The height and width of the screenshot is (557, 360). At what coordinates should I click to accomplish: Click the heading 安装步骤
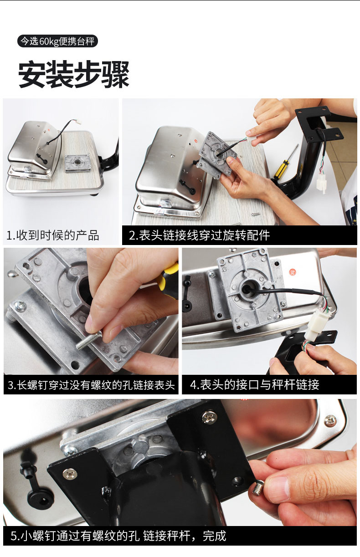pyautogui.click(x=74, y=74)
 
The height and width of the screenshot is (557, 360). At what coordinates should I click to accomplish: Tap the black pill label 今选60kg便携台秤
pyautogui.click(x=57, y=41)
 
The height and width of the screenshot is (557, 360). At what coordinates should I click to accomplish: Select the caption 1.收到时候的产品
pyautogui.click(x=53, y=235)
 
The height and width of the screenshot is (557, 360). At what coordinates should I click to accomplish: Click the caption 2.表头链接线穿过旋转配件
pyautogui.click(x=199, y=235)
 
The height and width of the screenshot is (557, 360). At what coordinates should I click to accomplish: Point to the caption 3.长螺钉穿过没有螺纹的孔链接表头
pyautogui.click(x=91, y=385)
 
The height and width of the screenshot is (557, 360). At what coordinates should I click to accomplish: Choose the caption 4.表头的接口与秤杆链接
pyautogui.click(x=255, y=384)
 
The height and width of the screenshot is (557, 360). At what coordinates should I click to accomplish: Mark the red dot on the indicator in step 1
pyautogui.click(x=50, y=130)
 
